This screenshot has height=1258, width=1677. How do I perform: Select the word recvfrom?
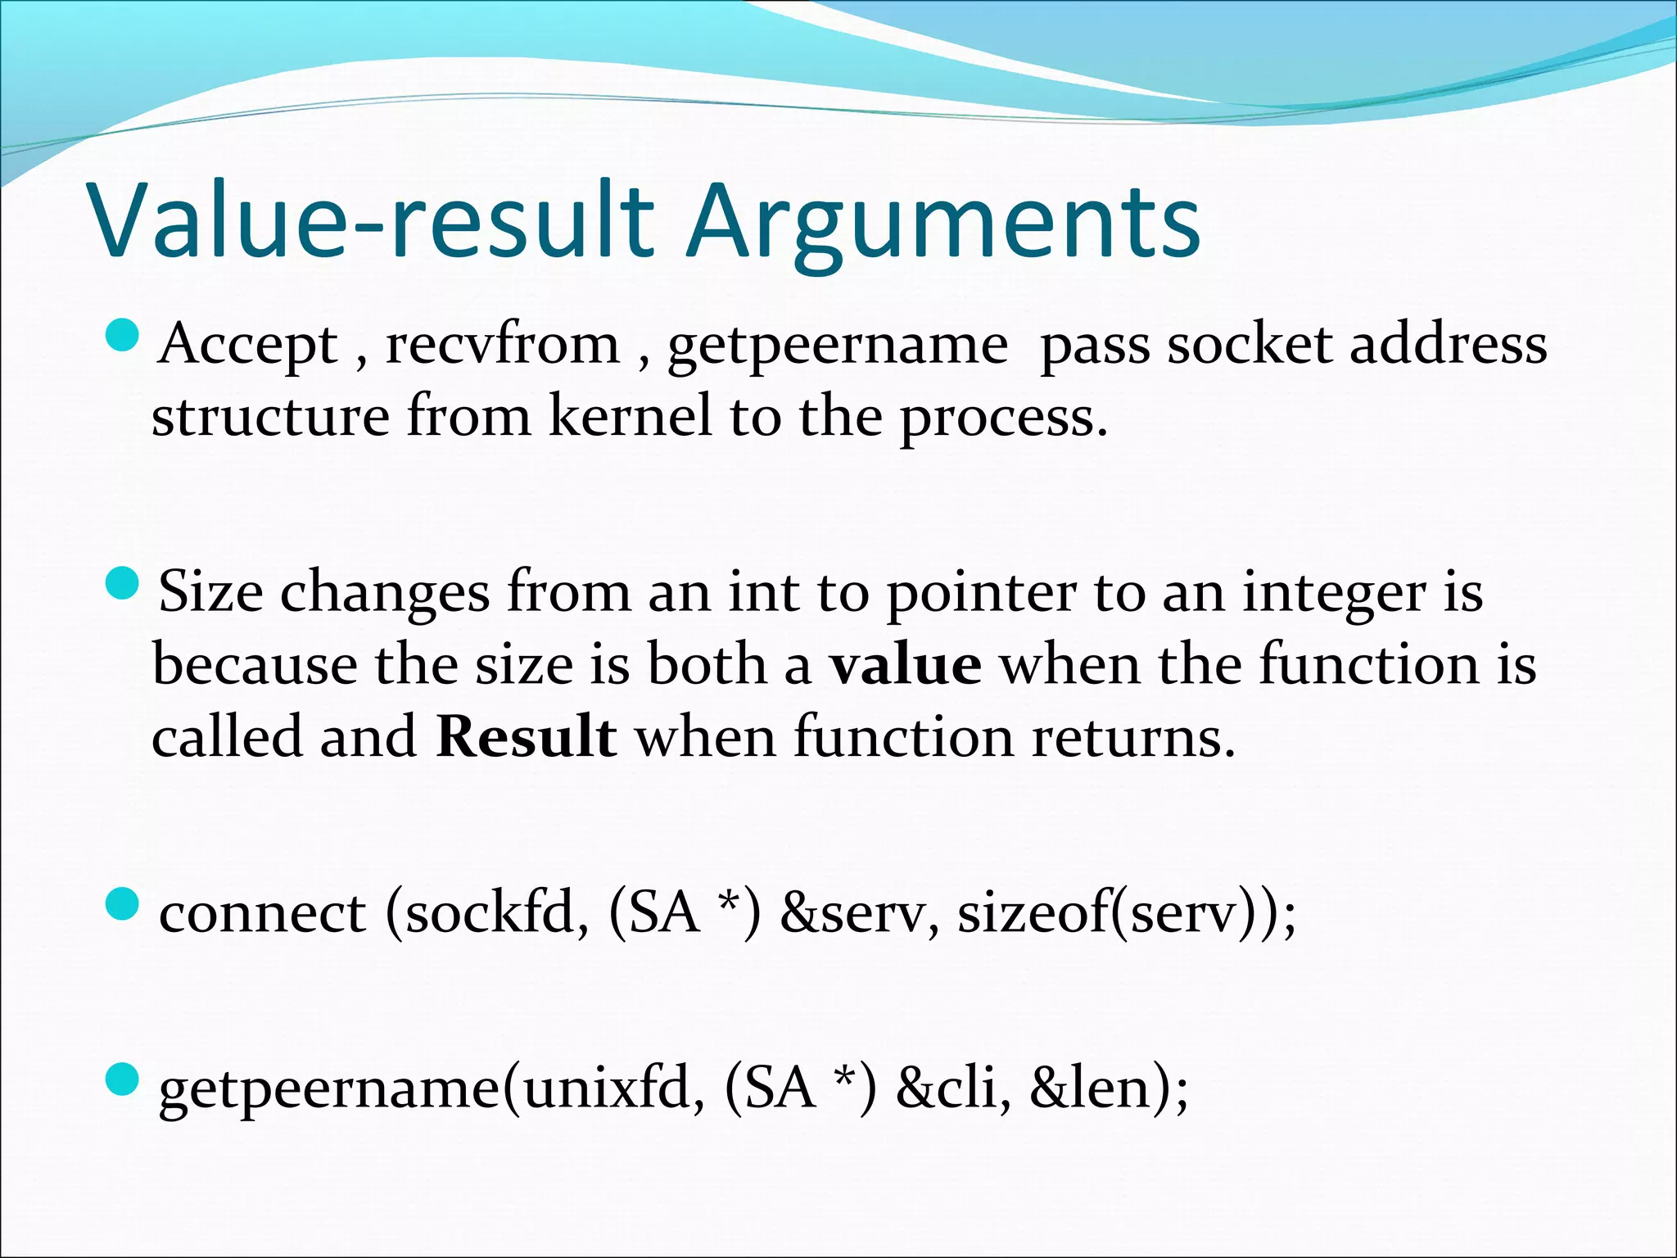click(502, 345)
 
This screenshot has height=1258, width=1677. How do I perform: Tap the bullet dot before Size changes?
click(124, 584)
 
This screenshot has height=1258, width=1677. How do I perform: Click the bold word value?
click(904, 665)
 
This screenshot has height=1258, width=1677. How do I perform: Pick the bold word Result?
click(526, 737)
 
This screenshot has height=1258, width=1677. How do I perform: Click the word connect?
click(262, 912)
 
